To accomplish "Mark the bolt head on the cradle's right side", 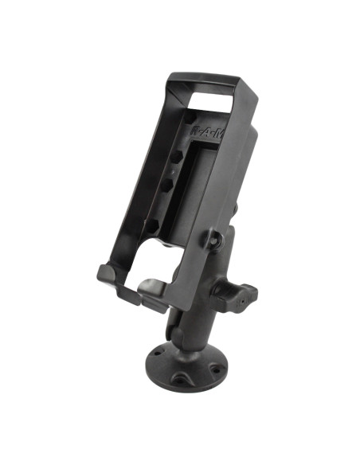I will pos(214,237).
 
